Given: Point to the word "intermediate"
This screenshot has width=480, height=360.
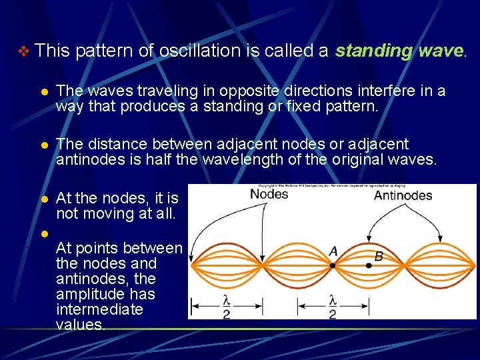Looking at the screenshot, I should (99, 309).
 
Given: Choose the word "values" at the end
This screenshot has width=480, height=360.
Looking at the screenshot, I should (80, 325).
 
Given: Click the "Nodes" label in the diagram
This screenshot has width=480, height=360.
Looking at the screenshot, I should (269, 194).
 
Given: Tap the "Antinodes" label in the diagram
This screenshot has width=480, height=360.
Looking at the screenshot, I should (403, 195).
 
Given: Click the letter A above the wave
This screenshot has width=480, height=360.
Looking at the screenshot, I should (333, 251).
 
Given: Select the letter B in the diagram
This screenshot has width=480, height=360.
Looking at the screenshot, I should (378, 256).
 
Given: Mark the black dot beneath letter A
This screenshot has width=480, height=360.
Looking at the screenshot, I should (332, 265).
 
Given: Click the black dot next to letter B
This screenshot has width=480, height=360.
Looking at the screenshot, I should (369, 265).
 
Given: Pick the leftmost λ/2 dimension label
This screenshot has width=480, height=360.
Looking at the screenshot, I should (227, 306).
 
